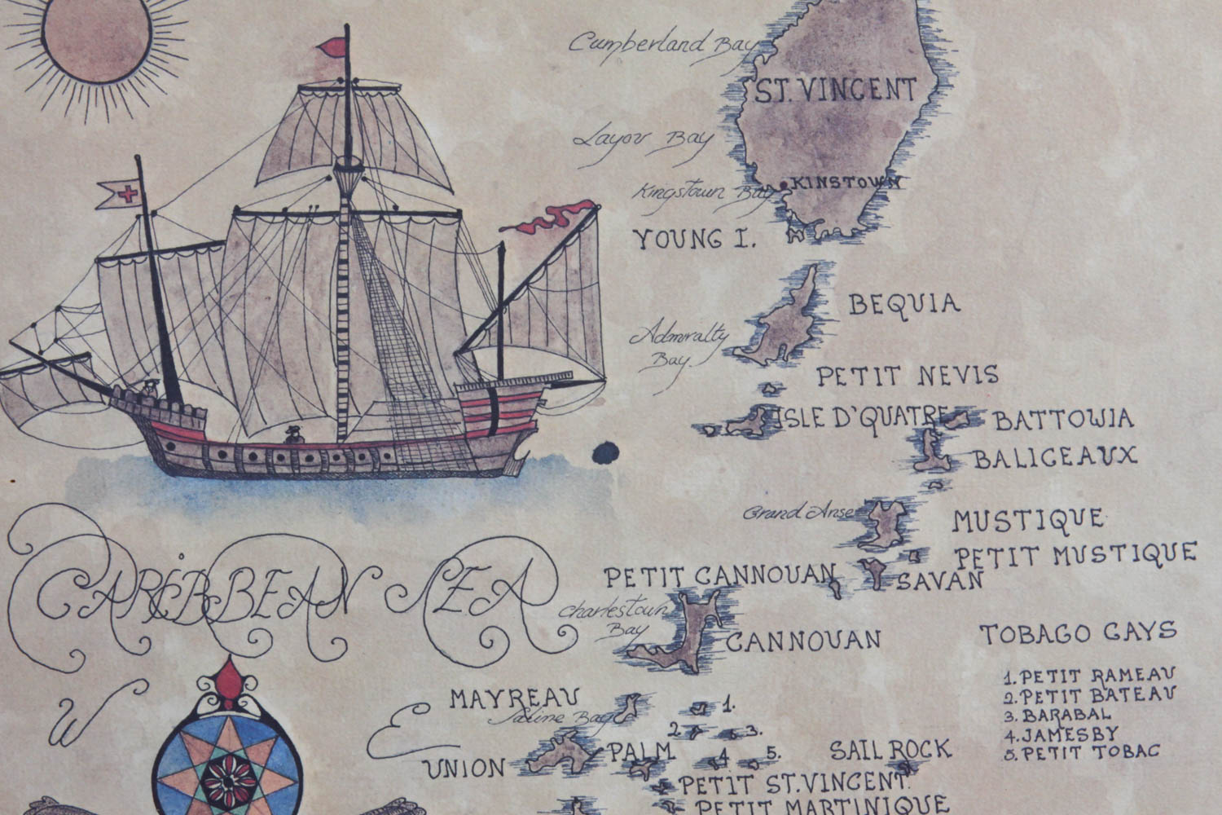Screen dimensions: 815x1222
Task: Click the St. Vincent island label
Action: point(835,90)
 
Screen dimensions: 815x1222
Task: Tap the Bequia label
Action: point(904,305)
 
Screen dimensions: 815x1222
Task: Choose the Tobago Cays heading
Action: point(1078,632)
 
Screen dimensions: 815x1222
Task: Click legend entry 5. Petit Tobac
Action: point(1081,751)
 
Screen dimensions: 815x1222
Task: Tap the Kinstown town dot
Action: point(784,186)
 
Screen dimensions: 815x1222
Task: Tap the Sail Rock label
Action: point(890,750)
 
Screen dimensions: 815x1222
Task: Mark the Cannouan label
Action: point(803,640)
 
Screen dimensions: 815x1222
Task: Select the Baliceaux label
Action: point(1054,457)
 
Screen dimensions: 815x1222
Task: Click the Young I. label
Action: point(695,240)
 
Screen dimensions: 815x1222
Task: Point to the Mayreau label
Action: point(514,698)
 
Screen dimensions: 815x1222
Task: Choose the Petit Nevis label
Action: point(907,376)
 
